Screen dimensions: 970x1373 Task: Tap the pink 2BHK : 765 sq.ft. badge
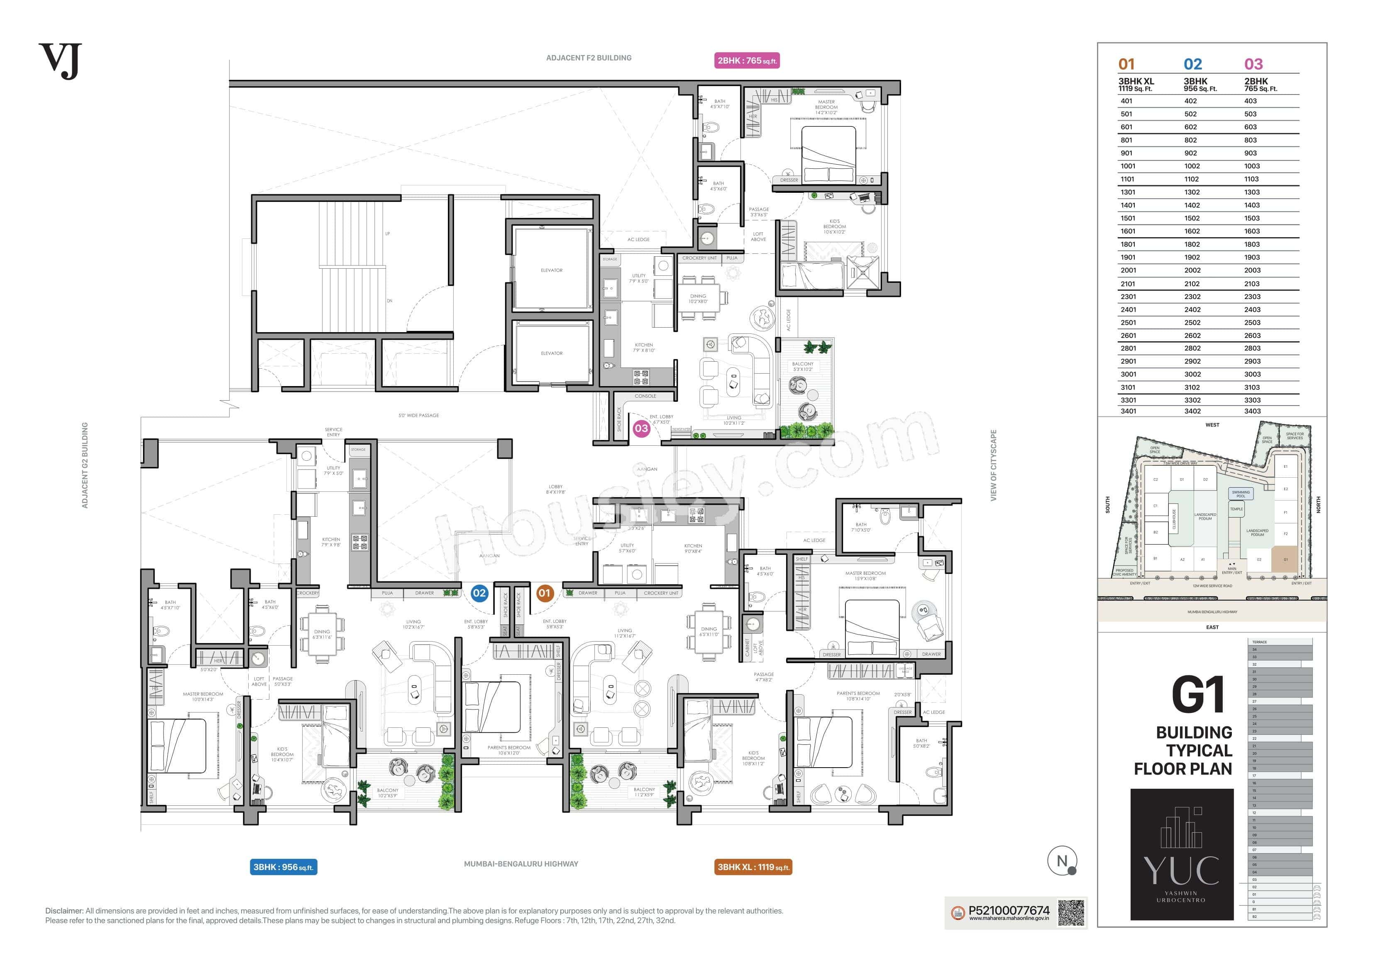pyautogui.click(x=747, y=61)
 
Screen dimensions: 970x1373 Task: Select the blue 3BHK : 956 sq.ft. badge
pyautogui.click(x=283, y=867)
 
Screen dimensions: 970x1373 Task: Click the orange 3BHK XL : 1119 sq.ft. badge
pyautogui.click(x=753, y=867)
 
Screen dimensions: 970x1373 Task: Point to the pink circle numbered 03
pyautogui.click(x=641, y=428)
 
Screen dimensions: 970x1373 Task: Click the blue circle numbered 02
pyautogui.click(x=479, y=593)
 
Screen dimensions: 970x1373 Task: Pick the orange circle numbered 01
pyautogui.click(x=544, y=593)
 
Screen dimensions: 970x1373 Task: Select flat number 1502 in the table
pyautogui.click(x=1191, y=218)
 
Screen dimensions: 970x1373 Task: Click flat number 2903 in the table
pyautogui.click(x=1252, y=361)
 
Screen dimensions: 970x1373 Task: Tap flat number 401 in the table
pyautogui.click(x=1126, y=101)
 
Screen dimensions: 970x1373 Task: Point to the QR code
pyautogui.click(x=1070, y=913)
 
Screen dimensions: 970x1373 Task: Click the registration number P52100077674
pyautogui.click(x=1009, y=910)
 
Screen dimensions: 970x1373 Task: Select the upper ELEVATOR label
pyautogui.click(x=551, y=270)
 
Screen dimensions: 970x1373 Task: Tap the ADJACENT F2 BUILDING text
pyautogui.click(x=589, y=58)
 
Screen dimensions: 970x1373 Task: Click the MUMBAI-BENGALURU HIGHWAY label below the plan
pyautogui.click(x=521, y=863)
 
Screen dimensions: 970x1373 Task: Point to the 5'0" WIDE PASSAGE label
pyautogui.click(x=419, y=416)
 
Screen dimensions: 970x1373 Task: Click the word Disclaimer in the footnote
pyautogui.click(x=64, y=911)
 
